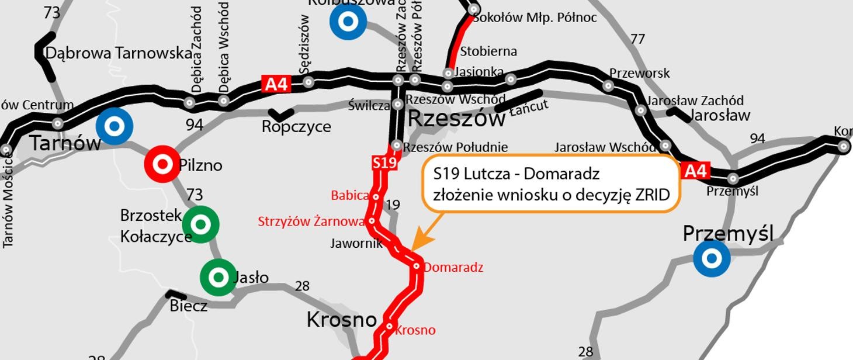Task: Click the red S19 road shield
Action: pyautogui.click(x=384, y=162)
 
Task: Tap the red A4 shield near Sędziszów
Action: pyautogui.click(x=276, y=84)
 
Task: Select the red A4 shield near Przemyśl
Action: pyautogui.click(x=695, y=171)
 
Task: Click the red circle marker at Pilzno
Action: pyautogui.click(x=162, y=164)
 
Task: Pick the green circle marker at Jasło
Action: pyautogui.click(x=219, y=278)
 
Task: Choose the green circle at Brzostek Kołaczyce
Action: pyautogui.click(x=200, y=224)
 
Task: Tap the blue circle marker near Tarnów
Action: pyautogui.click(x=115, y=126)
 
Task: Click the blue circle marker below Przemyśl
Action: pyautogui.click(x=712, y=258)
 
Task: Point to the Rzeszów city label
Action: pyautogui.click(x=456, y=119)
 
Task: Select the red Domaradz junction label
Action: pyautogui.click(x=453, y=268)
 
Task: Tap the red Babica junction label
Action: pyautogui.click(x=350, y=196)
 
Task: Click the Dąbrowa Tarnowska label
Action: pyautogui.click(x=119, y=53)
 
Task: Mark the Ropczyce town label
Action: pyautogui.click(x=296, y=126)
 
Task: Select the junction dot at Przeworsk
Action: pyautogui.click(x=608, y=86)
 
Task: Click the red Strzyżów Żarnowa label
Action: pyautogui.click(x=311, y=221)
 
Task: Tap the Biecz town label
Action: pyautogui.click(x=188, y=306)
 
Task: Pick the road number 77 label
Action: pyautogui.click(x=637, y=39)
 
